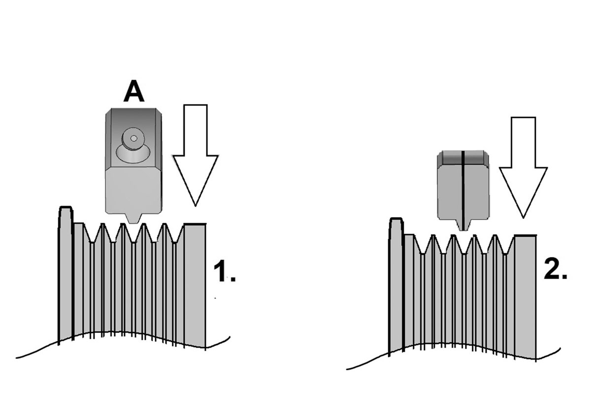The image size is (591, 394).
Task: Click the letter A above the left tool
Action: pyautogui.click(x=134, y=93)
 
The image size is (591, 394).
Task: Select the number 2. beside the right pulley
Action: pyautogui.click(x=555, y=270)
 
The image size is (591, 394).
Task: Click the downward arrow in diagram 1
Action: pyautogui.click(x=195, y=158)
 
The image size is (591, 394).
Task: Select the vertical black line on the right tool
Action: pyautogui.click(x=463, y=187)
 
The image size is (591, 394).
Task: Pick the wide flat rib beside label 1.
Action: pyautogui.click(x=195, y=276)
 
